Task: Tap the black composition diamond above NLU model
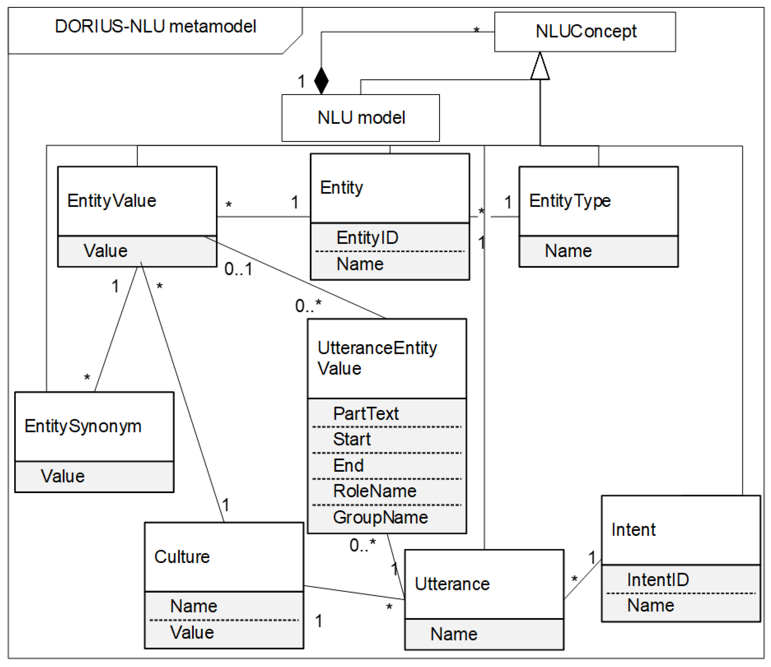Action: point(321,80)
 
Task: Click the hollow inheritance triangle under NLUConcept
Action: point(539,67)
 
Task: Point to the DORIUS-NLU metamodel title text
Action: point(156,26)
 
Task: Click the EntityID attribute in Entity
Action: point(367,237)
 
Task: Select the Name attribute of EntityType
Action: point(568,251)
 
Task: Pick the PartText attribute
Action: point(366,413)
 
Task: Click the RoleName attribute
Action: point(374,491)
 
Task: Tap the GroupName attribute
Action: point(380,517)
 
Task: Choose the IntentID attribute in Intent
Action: point(658,580)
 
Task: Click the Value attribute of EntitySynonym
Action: point(63,476)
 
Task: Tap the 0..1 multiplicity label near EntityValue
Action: point(238,269)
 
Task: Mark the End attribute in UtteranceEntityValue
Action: point(348,465)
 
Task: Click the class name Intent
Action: point(633,530)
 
